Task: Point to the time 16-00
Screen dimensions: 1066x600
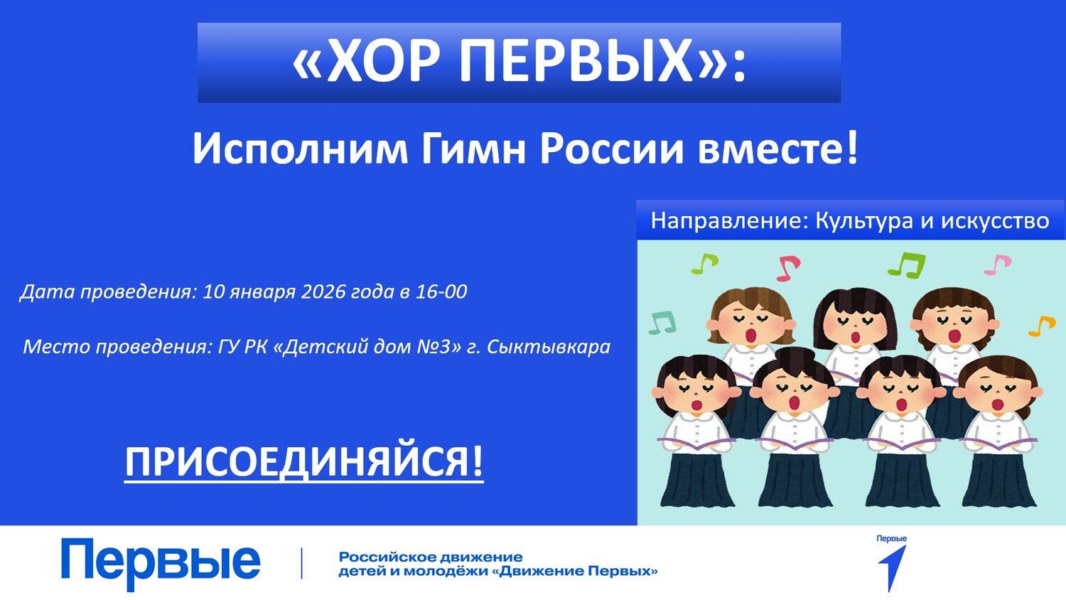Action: click(x=441, y=292)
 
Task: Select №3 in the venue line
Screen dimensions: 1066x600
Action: click(x=434, y=347)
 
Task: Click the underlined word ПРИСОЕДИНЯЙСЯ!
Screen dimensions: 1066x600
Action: click(x=304, y=462)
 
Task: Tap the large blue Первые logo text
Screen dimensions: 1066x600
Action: click(x=161, y=563)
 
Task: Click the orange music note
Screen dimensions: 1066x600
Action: click(x=1042, y=326)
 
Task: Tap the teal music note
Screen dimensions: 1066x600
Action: click(x=662, y=322)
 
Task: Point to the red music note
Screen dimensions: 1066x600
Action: click(x=788, y=268)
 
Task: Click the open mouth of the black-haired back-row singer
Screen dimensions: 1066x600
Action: click(x=855, y=337)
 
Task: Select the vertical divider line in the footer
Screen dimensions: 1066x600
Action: click(x=302, y=563)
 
